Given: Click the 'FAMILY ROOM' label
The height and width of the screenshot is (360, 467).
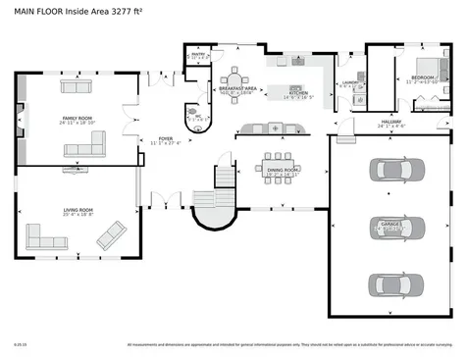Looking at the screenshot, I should pos(77,119).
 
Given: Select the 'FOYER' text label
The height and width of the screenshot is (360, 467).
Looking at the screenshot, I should pos(166,139).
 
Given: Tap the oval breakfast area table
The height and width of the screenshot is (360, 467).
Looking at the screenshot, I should pos(235,80).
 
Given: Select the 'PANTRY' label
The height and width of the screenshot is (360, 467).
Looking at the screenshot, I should pos(197,55).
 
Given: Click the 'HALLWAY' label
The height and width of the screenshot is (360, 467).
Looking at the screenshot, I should pos(391,123).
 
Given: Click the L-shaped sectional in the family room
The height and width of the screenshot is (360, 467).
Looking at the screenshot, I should pos(86,146).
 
